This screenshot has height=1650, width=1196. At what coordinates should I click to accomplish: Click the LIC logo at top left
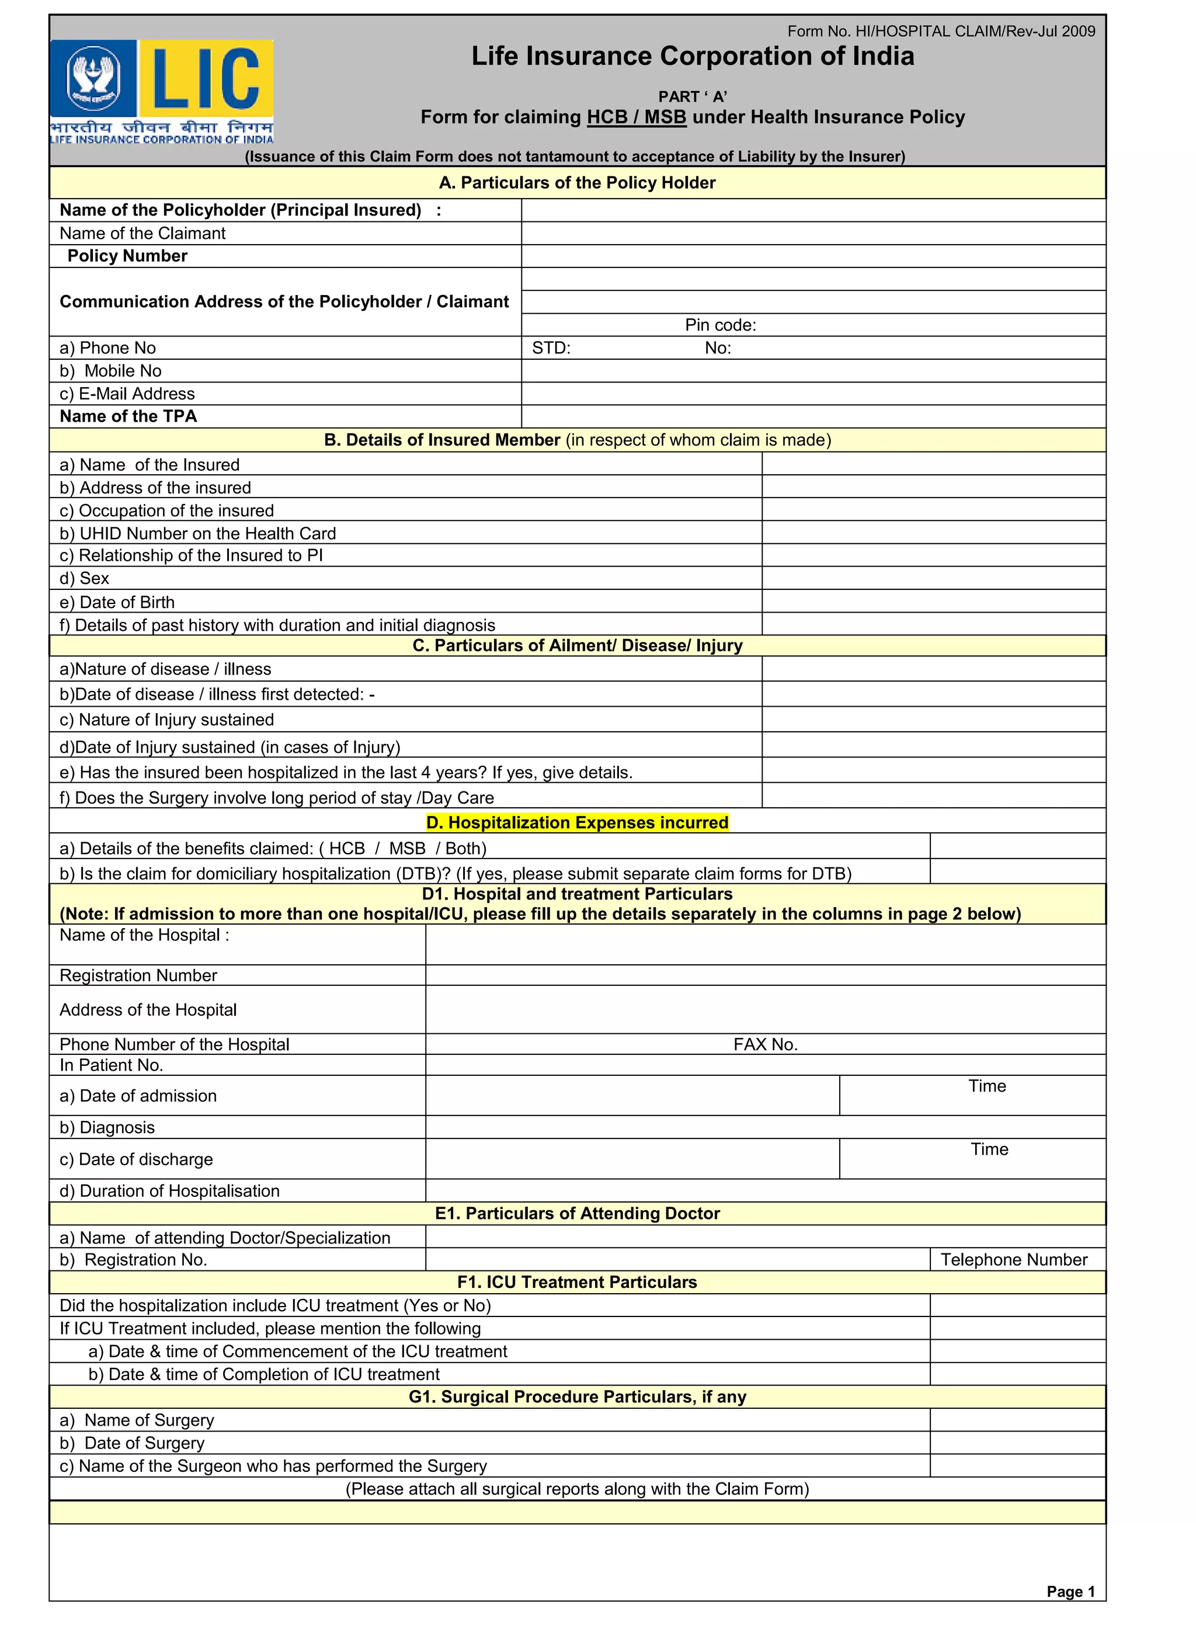click(162, 91)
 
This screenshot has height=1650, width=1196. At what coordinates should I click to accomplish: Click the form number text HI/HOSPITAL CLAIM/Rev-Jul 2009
click(941, 32)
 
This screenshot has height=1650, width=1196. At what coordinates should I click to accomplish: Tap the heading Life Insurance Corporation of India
click(692, 57)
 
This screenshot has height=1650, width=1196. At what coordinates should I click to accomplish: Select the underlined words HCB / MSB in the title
click(636, 117)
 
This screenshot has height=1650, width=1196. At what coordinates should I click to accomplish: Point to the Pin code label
click(720, 325)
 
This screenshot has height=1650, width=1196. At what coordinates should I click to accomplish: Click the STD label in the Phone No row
click(551, 348)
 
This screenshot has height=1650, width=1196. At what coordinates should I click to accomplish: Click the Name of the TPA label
click(128, 416)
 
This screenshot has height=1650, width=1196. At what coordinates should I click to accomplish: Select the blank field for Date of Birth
click(933, 602)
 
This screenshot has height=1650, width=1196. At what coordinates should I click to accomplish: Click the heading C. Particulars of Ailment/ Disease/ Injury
click(577, 645)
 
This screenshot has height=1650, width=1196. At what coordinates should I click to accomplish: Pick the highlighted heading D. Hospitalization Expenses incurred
click(577, 822)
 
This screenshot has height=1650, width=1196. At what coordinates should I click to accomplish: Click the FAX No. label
click(766, 1044)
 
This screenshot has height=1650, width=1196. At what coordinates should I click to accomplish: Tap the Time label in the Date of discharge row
click(989, 1149)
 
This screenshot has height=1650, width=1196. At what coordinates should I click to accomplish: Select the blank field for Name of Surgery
click(1017, 1419)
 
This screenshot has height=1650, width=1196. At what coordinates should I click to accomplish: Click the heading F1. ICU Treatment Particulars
click(577, 1282)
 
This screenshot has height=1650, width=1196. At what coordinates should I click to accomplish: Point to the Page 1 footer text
click(1070, 1591)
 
